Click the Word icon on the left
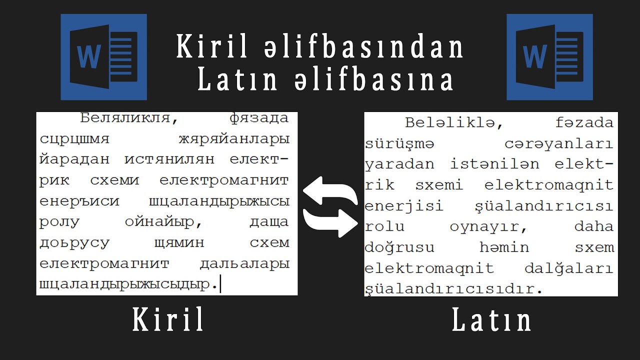pyautogui.click(x=103, y=57)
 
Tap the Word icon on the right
pyautogui.click(x=549, y=57)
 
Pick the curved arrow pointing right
pyautogui.click(x=330, y=222)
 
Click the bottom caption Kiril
pyautogui.click(x=168, y=320)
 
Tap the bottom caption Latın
pyautogui.click(x=491, y=320)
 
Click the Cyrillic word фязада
pyautogui.click(x=259, y=118)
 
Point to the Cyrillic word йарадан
pyautogui.click(x=74, y=160)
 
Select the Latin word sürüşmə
pyautogui.click(x=399, y=144)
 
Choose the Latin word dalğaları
pyautogui.click(x=568, y=268)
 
